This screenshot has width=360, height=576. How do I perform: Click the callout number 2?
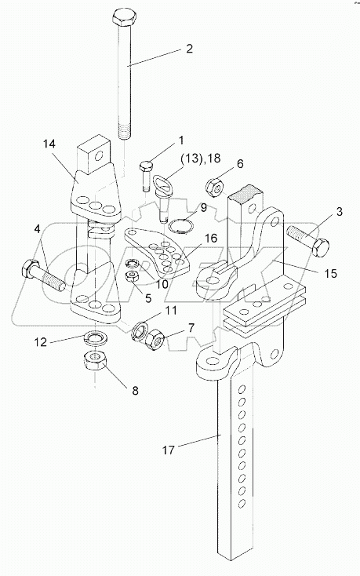[x=189, y=49]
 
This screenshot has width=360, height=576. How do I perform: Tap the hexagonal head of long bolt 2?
[x=124, y=17]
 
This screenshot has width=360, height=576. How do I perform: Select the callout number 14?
[x=49, y=144]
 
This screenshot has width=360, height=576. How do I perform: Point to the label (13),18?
[x=200, y=159]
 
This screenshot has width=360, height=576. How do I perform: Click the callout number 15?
[x=331, y=273]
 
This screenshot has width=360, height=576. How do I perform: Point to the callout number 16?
[x=211, y=239]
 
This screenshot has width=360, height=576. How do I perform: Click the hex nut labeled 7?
[x=156, y=339]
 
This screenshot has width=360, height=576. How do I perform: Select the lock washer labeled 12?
[x=95, y=337]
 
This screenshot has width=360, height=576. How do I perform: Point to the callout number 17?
[x=169, y=450]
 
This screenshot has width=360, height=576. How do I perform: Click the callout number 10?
[x=161, y=283]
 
